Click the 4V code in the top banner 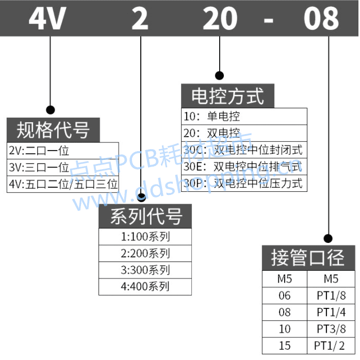click(x=47, y=19)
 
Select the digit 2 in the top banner click(x=140, y=19)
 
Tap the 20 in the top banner click(x=220, y=19)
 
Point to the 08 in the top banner click(x=321, y=19)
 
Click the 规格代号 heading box click(x=53, y=129)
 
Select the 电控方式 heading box click(x=227, y=96)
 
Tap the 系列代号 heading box click(x=145, y=217)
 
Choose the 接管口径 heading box click(x=307, y=258)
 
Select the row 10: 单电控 click(x=244, y=117)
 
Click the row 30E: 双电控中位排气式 click(x=244, y=167)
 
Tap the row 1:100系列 click(x=145, y=237)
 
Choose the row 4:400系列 click(x=145, y=286)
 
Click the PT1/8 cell click(x=331, y=296)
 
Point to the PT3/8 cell click(x=331, y=329)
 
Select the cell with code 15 click(x=285, y=345)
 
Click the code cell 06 click(x=285, y=296)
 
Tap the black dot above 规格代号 click(x=51, y=110)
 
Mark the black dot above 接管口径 click(x=328, y=238)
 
